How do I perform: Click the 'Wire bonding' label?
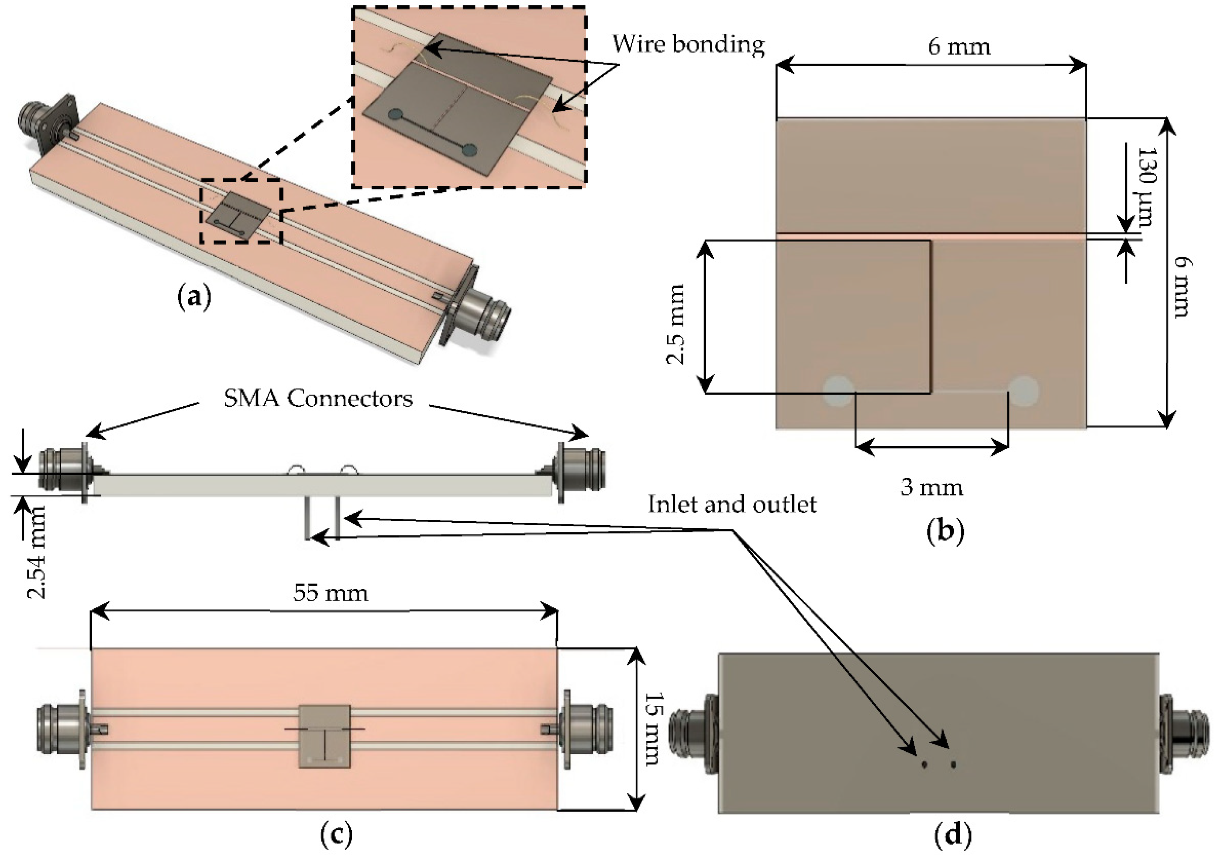tap(688, 44)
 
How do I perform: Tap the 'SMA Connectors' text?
tap(318, 398)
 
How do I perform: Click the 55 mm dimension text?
tap(331, 593)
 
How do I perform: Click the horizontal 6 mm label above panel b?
tap(959, 47)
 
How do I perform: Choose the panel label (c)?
tap(337, 834)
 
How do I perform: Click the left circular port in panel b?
tap(839, 391)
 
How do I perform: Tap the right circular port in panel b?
tap(1023, 391)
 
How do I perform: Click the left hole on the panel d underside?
tap(924, 765)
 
